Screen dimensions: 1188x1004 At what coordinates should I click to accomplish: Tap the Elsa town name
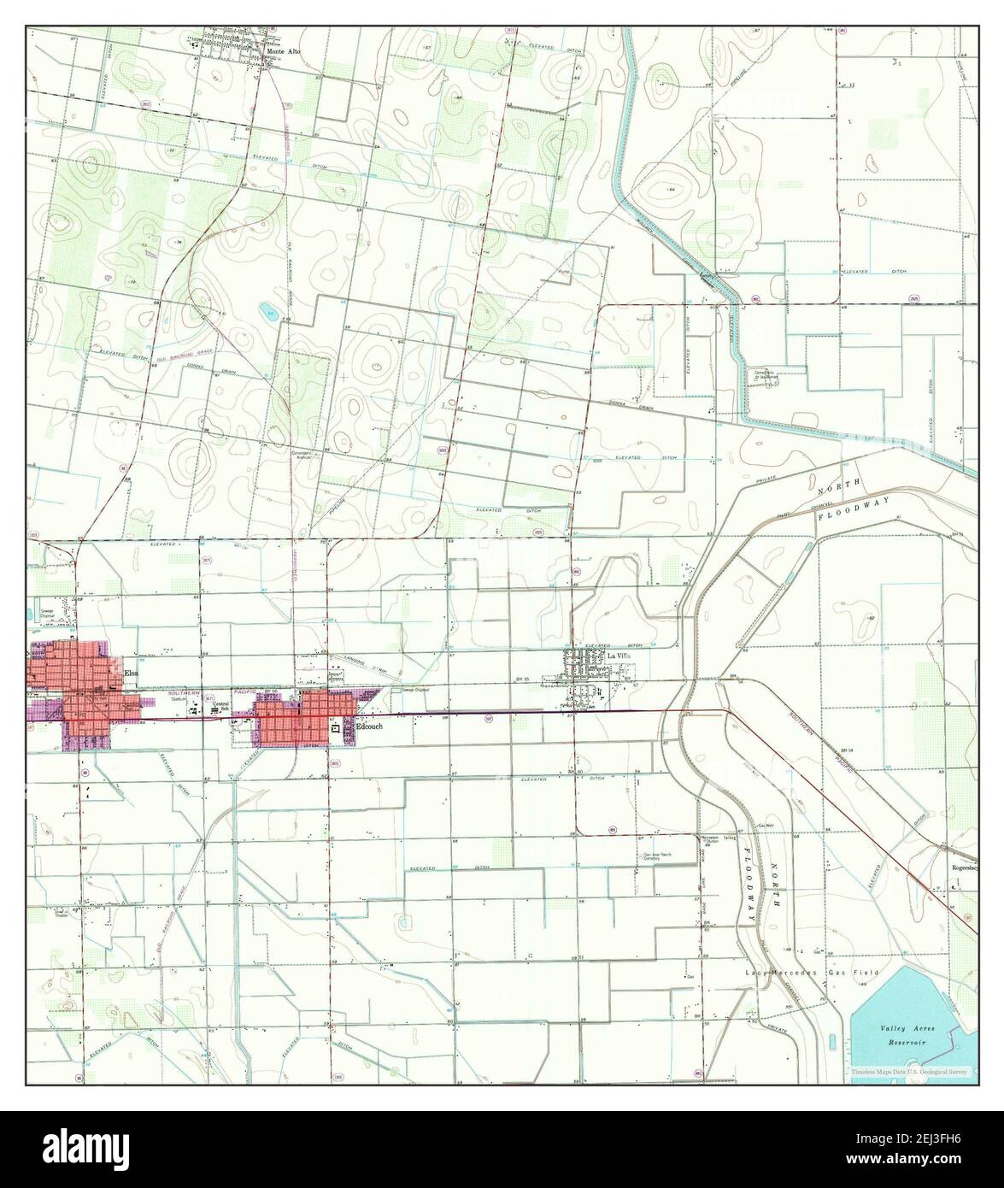tap(131, 673)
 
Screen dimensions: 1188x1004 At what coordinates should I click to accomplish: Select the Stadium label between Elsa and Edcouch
tap(178, 699)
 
